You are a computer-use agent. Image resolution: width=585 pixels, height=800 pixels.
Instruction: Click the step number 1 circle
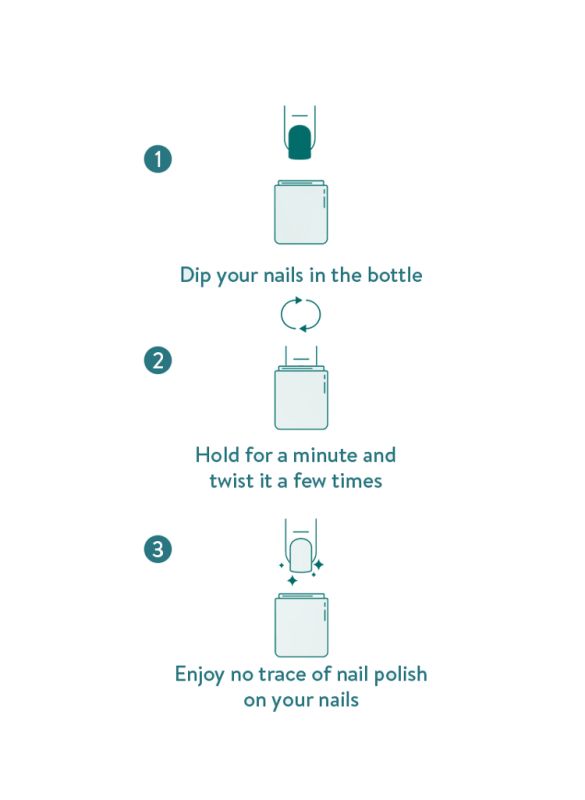click(x=158, y=159)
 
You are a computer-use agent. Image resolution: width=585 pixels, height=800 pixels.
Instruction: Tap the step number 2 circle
click(x=158, y=361)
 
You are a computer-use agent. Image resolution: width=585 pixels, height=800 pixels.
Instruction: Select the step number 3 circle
click(x=158, y=549)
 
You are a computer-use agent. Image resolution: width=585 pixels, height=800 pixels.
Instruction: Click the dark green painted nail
click(x=300, y=142)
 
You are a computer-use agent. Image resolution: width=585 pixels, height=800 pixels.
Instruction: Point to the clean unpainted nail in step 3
click(x=300, y=555)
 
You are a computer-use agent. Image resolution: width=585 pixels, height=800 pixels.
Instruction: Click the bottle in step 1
click(x=301, y=212)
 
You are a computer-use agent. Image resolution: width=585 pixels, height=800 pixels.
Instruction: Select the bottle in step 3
click(x=301, y=625)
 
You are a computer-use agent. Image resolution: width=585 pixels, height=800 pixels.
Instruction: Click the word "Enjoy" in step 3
click(x=199, y=675)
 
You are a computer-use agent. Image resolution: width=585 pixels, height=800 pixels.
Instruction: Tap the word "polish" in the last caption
click(x=400, y=675)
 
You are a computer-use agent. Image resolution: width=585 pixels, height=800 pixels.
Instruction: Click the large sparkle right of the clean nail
click(x=318, y=564)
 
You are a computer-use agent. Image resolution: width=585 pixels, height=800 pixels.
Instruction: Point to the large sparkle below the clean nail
click(x=292, y=581)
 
